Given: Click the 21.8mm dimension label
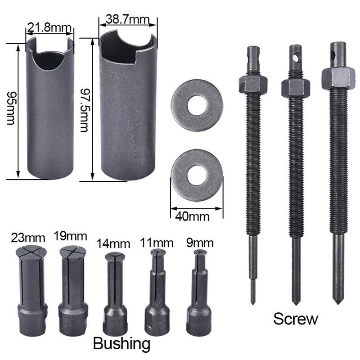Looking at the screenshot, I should [x=49, y=28].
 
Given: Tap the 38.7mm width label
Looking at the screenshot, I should [x=127, y=20].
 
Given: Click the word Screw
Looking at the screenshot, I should [x=295, y=319].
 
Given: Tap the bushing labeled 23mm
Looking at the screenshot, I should [x=30, y=281].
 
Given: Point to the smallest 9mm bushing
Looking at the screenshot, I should [x=198, y=288].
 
